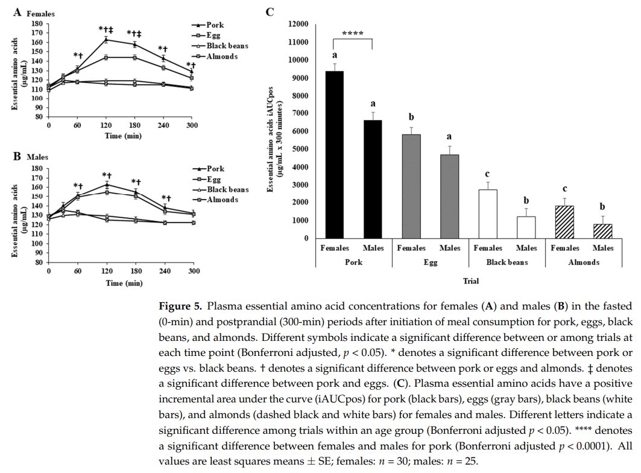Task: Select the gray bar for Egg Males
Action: pos(449,197)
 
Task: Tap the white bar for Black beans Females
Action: pos(487,214)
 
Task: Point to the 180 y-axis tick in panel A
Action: pos(39,24)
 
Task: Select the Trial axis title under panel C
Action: pos(471,281)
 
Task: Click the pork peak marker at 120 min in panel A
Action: pos(106,40)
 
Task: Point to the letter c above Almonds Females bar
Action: pos(564,190)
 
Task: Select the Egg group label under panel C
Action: pos(430,262)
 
